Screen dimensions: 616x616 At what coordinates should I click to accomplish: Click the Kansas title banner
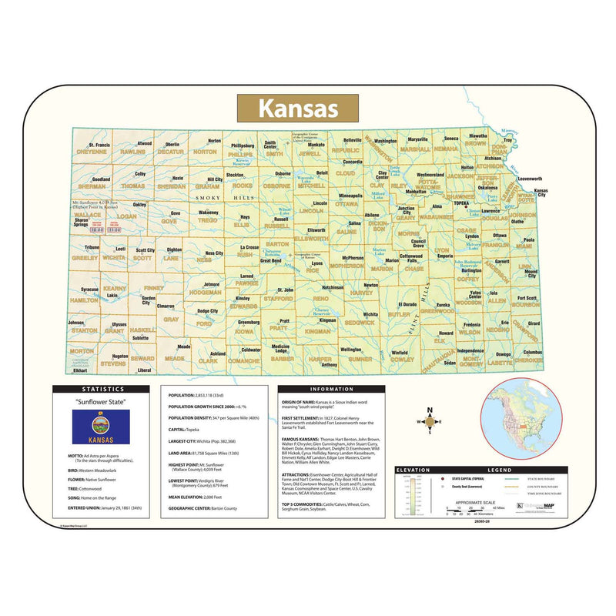coord(296,107)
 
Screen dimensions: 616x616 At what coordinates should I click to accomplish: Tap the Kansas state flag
coord(100,427)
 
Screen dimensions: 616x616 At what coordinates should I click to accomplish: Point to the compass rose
coord(430,420)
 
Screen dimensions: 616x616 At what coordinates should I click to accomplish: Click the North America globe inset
coord(522,423)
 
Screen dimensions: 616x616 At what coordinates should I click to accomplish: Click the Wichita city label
coord(371,314)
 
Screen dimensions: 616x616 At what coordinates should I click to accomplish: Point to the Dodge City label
coord(208,311)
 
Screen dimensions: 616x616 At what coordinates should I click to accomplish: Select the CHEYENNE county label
coord(92,152)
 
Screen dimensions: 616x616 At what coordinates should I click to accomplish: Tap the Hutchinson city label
coord(333,286)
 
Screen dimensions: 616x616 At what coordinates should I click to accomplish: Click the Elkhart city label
coord(80,370)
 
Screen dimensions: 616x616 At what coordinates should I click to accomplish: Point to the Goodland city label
coord(102,179)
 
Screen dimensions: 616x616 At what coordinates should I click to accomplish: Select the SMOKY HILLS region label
coord(231,199)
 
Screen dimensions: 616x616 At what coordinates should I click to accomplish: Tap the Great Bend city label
coord(269,260)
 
